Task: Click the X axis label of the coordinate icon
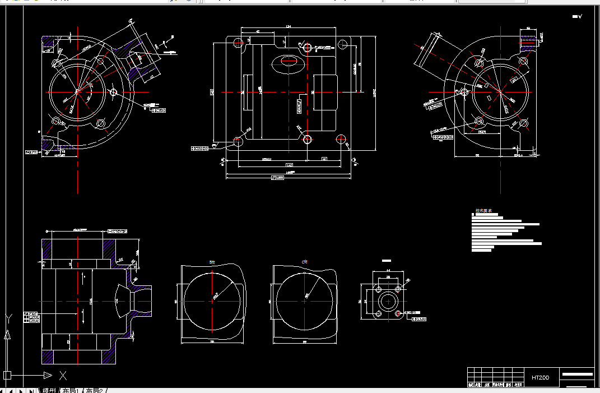coord(63,375)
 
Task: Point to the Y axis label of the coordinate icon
coord(7,319)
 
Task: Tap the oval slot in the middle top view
coord(288,63)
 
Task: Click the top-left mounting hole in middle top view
coord(238,41)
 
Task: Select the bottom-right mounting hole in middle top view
coord(341,139)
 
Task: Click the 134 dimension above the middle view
coord(289,26)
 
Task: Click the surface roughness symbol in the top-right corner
coord(577,16)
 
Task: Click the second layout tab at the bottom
coord(94,390)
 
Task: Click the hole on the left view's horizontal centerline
coord(114,92)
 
